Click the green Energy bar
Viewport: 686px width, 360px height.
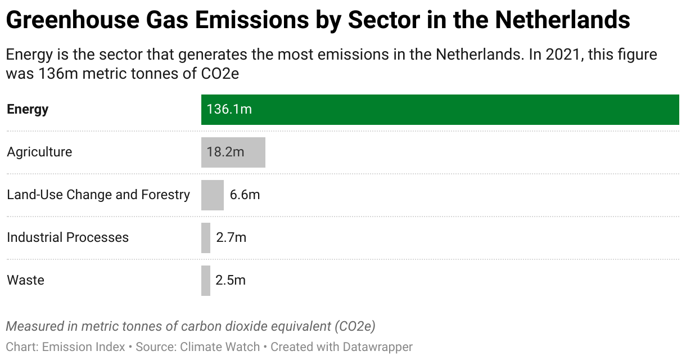(440, 110)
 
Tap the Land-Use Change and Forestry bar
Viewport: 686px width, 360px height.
(213, 195)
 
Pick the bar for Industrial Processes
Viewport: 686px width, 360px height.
(206, 238)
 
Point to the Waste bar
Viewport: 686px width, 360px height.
(206, 281)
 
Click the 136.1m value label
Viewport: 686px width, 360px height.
(229, 109)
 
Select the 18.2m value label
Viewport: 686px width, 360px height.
(225, 152)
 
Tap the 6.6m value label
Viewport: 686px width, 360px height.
(245, 195)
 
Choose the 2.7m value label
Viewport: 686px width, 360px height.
(231, 237)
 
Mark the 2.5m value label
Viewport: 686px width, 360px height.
(231, 280)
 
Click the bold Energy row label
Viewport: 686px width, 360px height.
(28, 109)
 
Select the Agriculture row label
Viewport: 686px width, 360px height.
(39, 152)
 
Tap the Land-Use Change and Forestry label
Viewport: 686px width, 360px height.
(98, 195)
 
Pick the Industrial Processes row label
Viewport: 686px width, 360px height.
(67, 237)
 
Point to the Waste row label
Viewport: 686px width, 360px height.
(25, 280)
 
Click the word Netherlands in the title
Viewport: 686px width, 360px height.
(562, 21)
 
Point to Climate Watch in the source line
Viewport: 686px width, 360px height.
(220, 347)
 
